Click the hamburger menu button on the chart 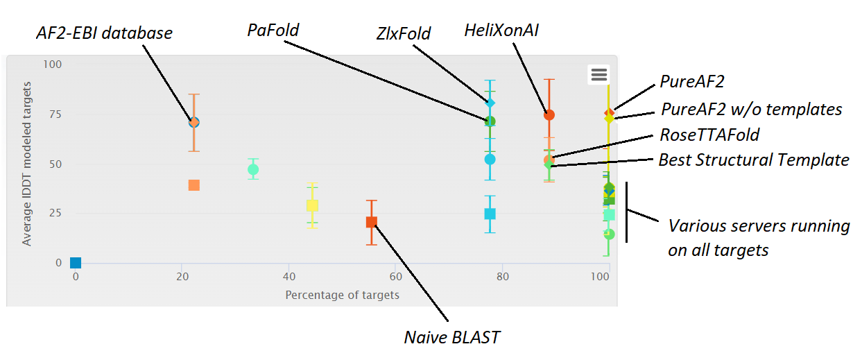599,74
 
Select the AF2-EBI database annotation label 104,33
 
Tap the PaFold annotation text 273,30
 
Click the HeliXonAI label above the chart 501,30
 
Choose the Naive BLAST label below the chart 452,338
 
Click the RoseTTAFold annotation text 709,134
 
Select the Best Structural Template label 754,160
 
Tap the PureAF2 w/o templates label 752,109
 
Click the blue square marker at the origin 76,263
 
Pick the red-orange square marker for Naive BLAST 372,222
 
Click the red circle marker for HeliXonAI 549,114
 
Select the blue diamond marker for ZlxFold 490,103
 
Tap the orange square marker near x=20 194,185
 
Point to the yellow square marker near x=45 312,205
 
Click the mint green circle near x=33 253,169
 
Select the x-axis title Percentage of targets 342,295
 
